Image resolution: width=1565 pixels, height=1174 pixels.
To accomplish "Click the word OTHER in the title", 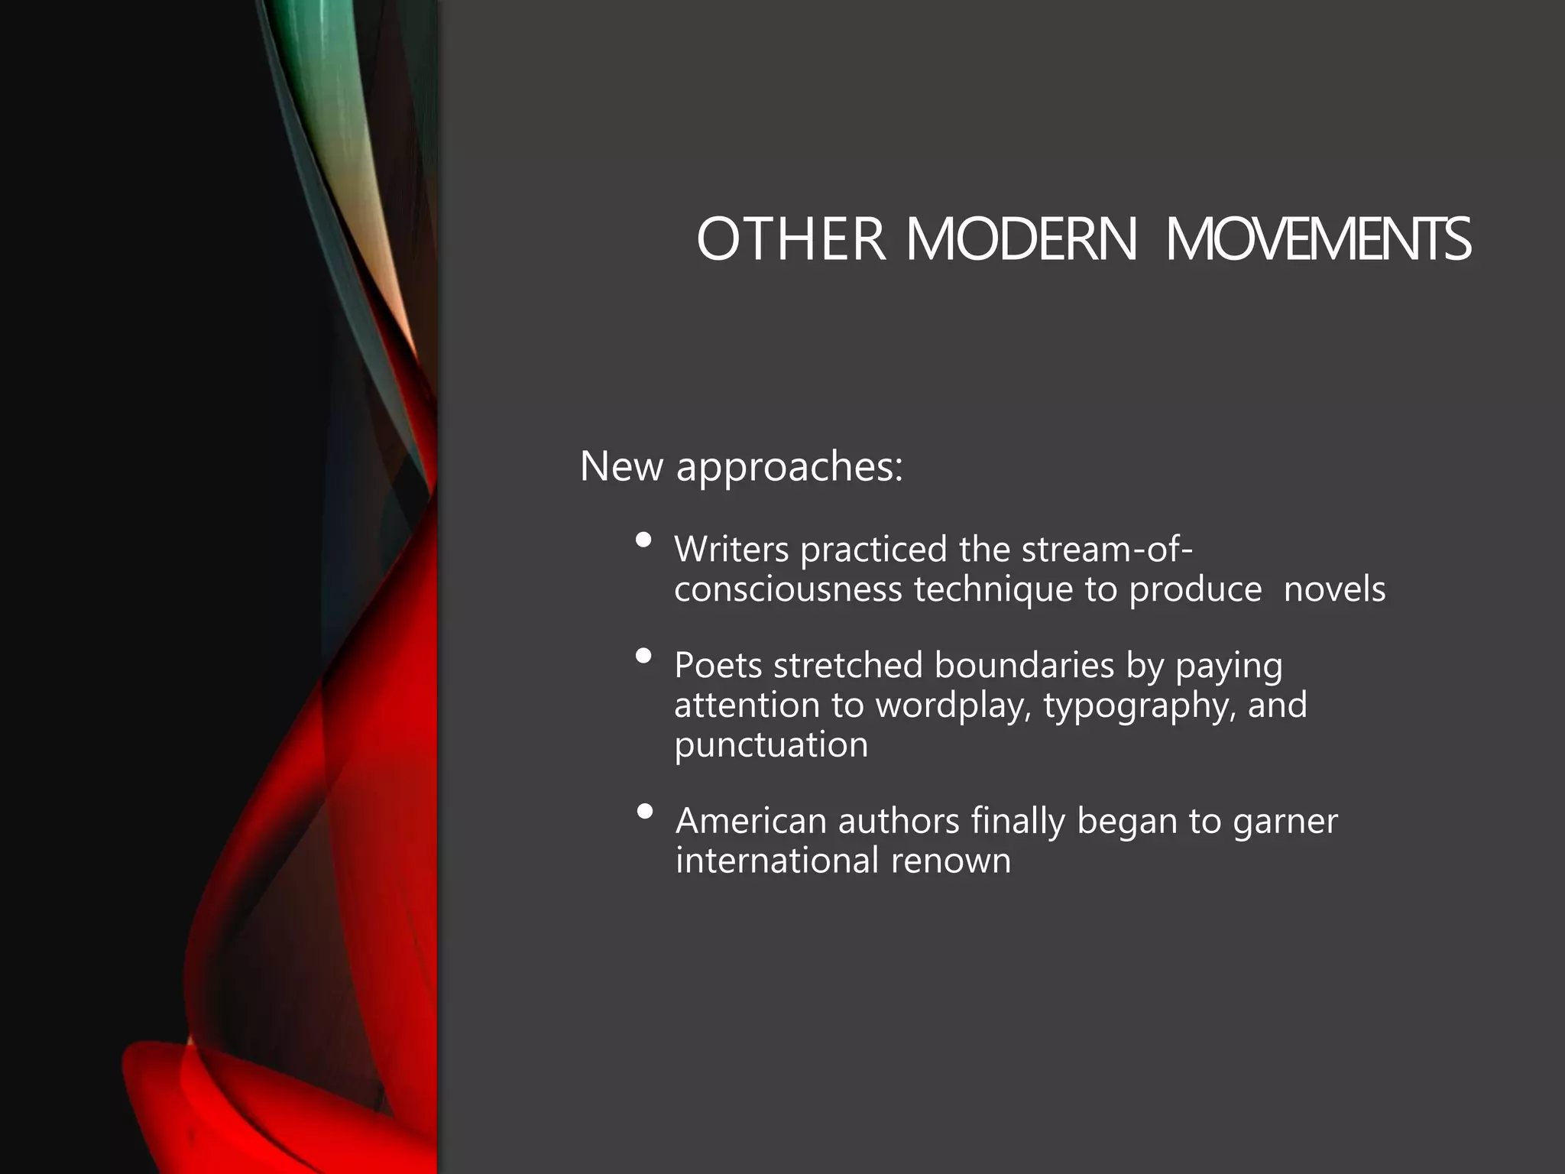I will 791,239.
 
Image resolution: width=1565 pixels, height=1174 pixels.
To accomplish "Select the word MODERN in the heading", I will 1022,239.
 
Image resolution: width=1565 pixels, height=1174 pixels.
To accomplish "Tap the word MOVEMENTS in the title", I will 1317,239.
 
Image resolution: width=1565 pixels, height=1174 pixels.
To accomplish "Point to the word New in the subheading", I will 621,465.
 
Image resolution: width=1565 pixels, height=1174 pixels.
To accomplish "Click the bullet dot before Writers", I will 643,540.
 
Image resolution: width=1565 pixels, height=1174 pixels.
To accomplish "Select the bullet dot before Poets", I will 643,656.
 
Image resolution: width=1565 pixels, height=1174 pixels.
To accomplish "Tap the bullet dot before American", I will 644,811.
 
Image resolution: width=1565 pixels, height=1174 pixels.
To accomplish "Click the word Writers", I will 731,550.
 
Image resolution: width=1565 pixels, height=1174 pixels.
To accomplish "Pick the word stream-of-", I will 1107,550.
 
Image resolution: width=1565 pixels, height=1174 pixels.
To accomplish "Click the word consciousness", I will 788,589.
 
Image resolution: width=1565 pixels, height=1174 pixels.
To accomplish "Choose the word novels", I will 1334,589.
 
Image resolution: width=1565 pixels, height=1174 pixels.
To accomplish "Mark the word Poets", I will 718,665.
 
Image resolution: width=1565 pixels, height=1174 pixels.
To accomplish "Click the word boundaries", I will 1024,665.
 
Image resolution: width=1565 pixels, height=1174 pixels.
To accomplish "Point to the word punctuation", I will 771,744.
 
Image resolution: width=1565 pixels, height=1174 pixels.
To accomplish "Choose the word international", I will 777,861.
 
